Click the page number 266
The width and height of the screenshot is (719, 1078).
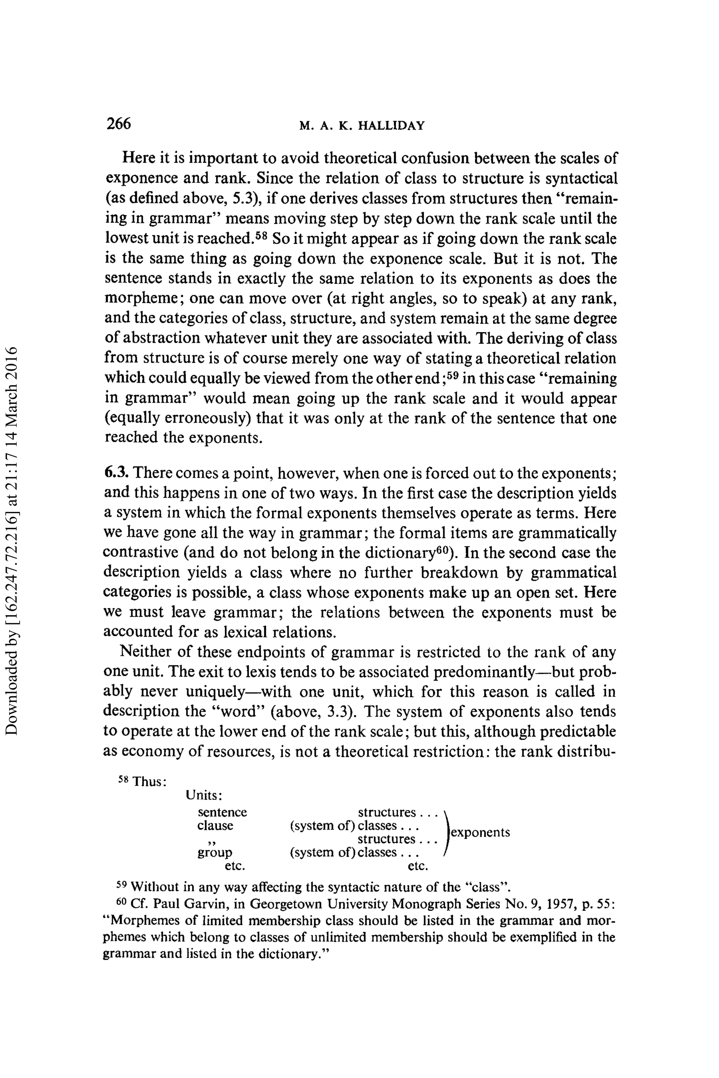click(x=118, y=124)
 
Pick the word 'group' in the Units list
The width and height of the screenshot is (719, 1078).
click(x=215, y=852)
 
